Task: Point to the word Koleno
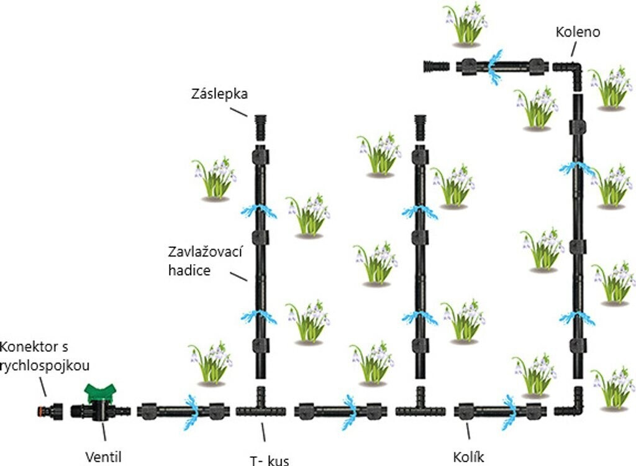pyautogui.click(x=578, y=32)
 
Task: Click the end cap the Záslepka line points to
pyautogui.click(x=260, y=127)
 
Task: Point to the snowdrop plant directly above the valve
pyautogui.click(x=211, y=363)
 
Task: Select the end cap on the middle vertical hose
pyautogui.click(x=420, y=128)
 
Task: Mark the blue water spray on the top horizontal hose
pyautogui.click(x=494, y=67)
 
